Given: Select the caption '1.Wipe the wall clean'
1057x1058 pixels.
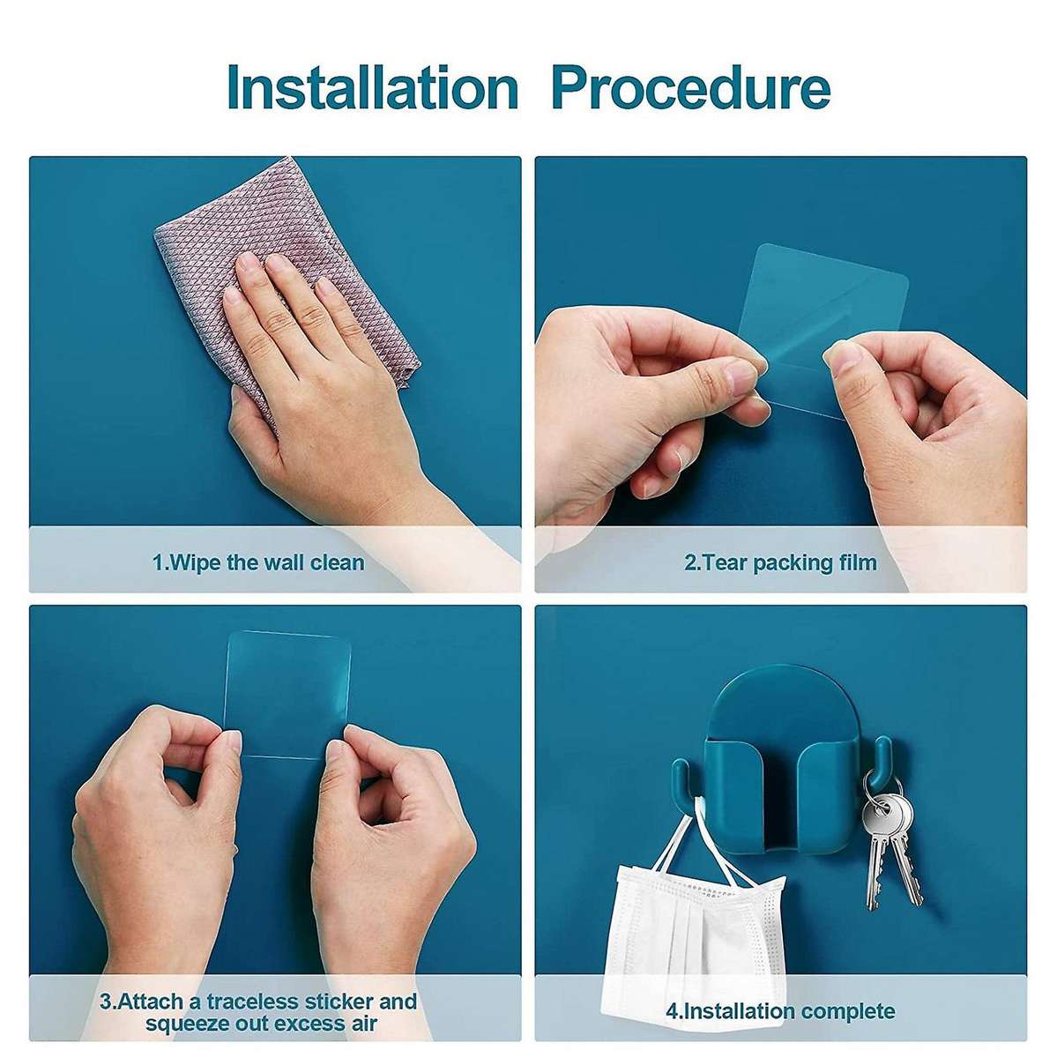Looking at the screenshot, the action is (x=258, y=563).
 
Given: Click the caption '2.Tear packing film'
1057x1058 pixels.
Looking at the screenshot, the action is (x=780, y=563).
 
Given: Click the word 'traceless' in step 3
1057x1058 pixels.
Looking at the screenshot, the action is (x=252, y=986).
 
